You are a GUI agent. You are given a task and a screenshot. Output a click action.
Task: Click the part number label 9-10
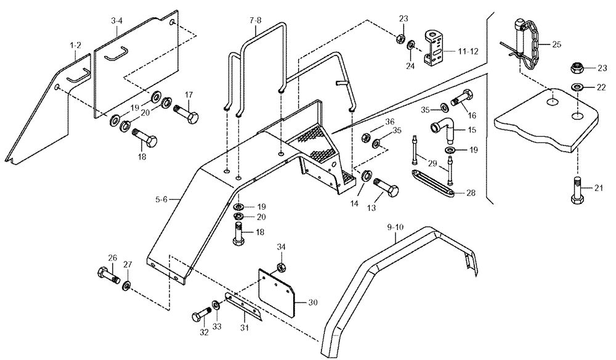tap(397, 227)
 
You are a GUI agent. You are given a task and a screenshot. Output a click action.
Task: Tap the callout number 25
tap(557, 45)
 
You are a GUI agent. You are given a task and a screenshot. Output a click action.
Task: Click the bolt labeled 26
tap(107, 274)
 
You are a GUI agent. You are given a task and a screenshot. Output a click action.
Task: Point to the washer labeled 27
tap(126, 285)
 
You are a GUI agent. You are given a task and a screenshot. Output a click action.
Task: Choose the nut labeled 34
tap(280, 268)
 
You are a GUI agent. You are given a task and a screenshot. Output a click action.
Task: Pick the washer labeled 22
tap(577, 85)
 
